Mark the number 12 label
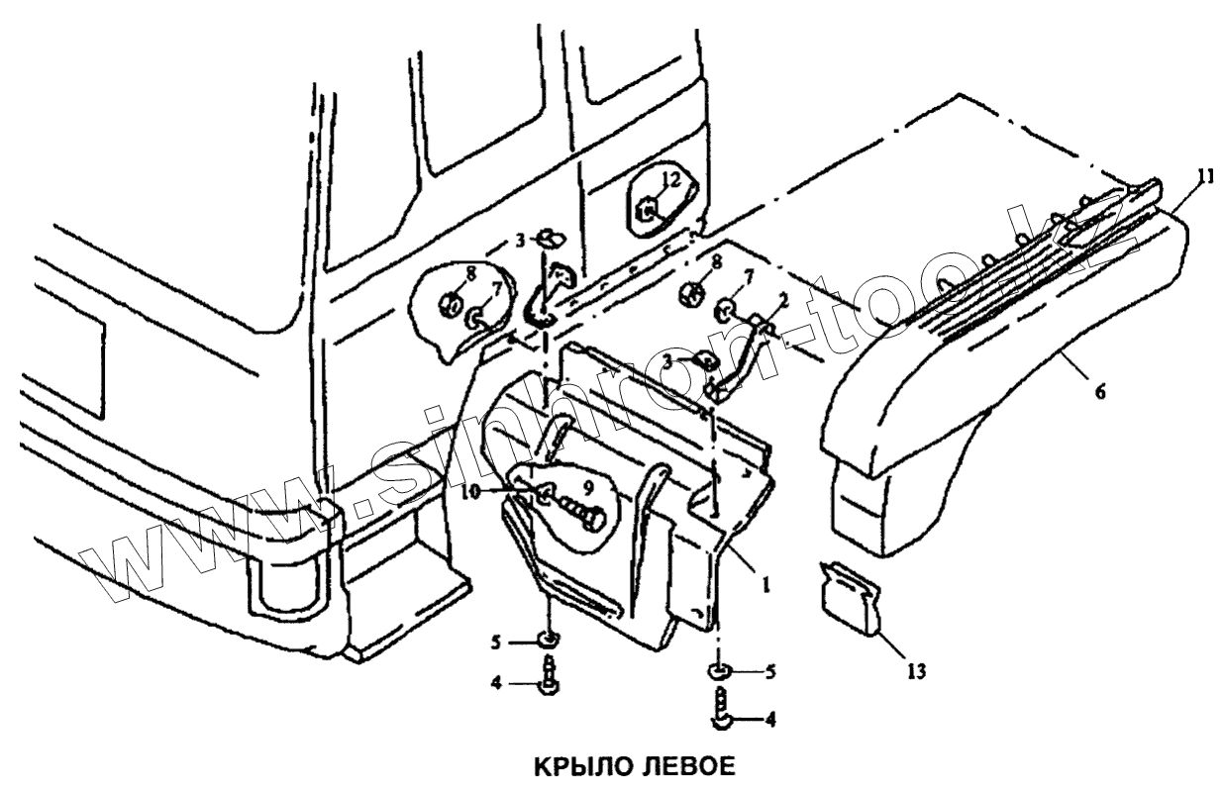pyautogui.click(x=670, y=180)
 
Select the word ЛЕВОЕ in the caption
pyautogui.click(x=683, y=767)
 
